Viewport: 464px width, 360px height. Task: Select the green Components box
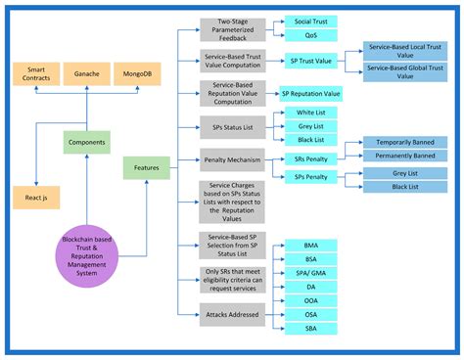pos(87,141)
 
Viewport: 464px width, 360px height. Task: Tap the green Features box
pos(147,169)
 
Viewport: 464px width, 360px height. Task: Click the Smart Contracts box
pos(38,74)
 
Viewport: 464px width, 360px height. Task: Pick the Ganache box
pos(87,74)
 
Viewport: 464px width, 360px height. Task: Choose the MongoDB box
pos(136,74)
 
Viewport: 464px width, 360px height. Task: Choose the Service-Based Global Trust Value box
pos(403,69)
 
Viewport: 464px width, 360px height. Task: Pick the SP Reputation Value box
pos(310,94)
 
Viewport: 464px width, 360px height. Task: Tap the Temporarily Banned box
pos(404,142)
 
